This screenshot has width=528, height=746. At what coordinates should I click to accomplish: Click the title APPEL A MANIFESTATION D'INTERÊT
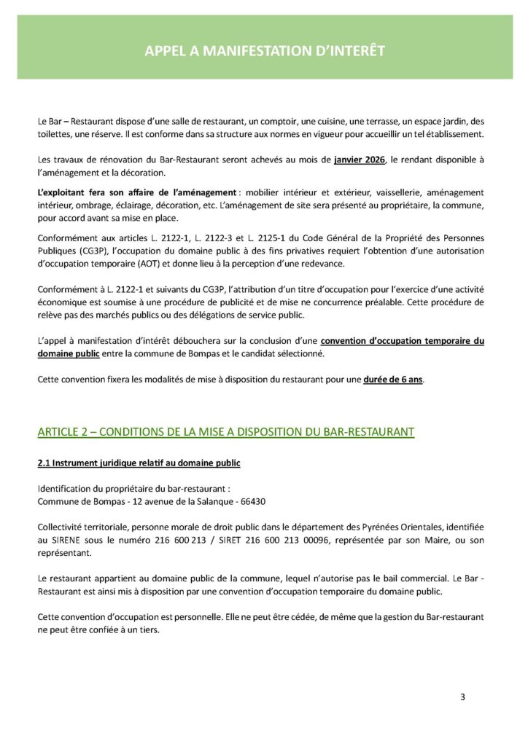pos(264,50)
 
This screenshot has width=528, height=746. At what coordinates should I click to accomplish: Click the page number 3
pos(462,696)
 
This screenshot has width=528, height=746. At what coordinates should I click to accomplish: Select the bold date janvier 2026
pos(360,160)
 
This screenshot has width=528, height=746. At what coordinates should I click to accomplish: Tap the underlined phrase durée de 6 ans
pos(393,380)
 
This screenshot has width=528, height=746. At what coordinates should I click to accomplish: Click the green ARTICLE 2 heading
pos(226,432)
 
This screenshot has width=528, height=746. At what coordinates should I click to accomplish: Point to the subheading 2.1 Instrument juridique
pos(139,463)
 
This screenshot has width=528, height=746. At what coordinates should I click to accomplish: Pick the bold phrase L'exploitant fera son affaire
pos(137,192)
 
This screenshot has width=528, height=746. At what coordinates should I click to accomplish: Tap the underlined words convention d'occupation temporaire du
pos(403,341)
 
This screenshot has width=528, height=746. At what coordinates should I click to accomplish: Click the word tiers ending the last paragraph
pos(145,631)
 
